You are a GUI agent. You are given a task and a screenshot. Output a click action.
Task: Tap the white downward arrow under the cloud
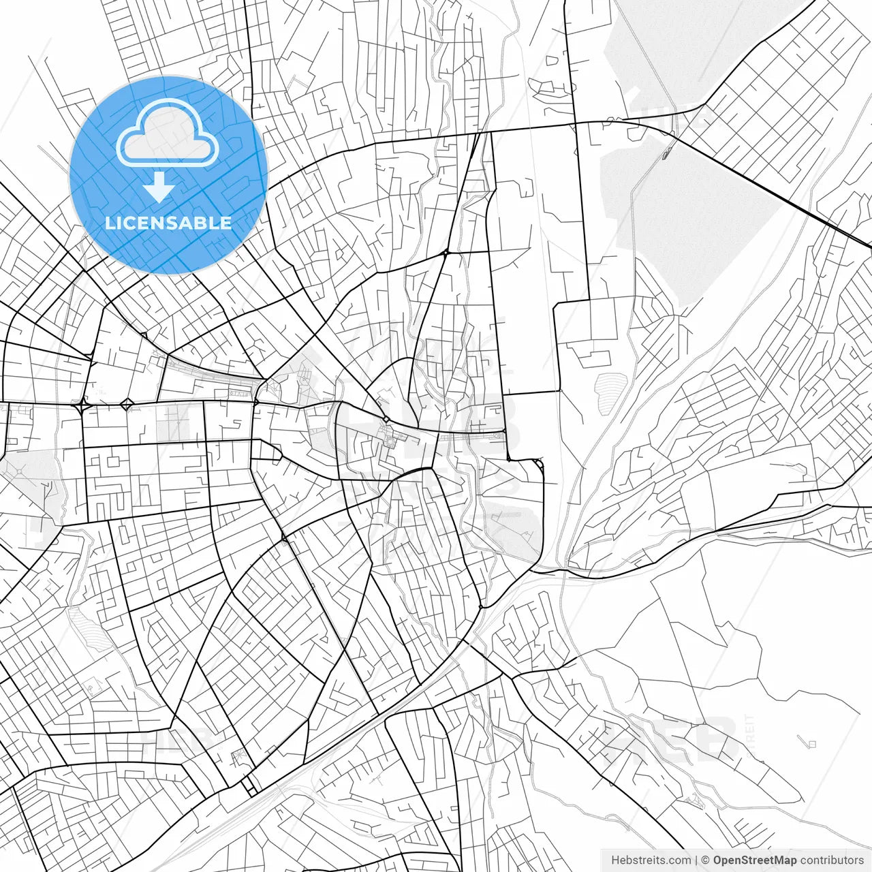coord(159,187)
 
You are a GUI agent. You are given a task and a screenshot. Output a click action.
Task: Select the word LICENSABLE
coord(168,223)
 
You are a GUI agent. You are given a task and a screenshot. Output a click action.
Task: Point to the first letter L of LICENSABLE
coord(109,223)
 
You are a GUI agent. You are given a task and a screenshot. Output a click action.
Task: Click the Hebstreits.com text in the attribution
coord(651,860)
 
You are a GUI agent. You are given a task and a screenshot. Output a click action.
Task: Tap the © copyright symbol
coord(706,860)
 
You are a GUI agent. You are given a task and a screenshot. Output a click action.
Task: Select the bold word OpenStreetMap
coord(754,860)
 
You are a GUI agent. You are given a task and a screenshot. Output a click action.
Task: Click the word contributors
coord(832,860)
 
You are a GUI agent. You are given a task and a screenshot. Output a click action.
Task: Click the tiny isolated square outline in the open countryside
coord(811,743)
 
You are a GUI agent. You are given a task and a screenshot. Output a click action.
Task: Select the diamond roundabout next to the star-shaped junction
coord(127,405)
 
